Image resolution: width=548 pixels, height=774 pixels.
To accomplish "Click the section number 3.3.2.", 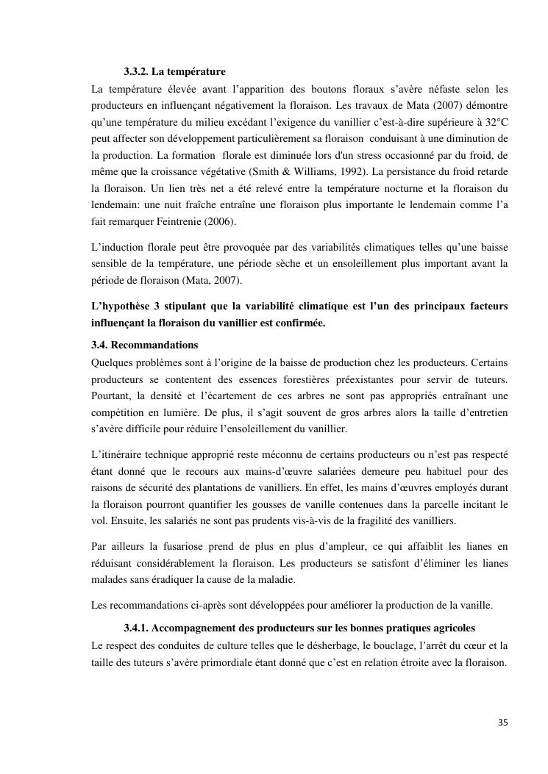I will [x=137, y=71].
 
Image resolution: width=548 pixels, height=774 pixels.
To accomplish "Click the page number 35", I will [x=502, y=721].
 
